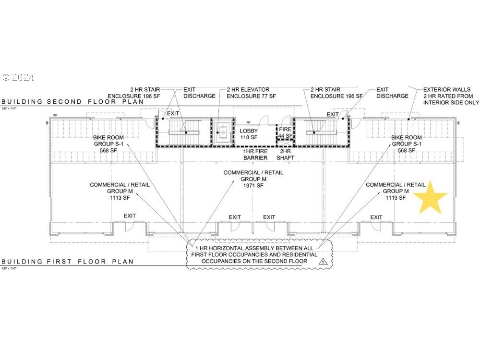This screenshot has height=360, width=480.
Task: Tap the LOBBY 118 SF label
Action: pos(249,134)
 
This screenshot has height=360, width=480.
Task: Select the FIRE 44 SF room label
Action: pos(285,132)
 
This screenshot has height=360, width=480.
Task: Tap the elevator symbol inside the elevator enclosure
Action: pos(222,130)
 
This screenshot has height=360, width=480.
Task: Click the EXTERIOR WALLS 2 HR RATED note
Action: pos(451,96)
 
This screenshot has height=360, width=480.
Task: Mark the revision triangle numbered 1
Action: pos(323,262)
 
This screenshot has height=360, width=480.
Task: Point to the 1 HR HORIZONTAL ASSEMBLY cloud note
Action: pos(259,254)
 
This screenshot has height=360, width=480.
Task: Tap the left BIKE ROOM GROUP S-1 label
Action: pos(111,144)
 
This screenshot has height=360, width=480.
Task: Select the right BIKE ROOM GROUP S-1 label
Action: pos(407,144)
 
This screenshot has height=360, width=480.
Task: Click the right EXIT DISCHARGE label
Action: pos(392,93)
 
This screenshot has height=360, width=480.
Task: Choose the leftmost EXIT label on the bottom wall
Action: pos(130,216)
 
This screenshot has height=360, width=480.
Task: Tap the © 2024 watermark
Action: pos(18,77)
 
